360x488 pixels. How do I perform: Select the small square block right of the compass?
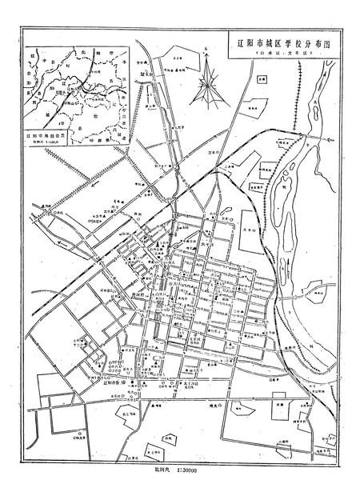[262, 79]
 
